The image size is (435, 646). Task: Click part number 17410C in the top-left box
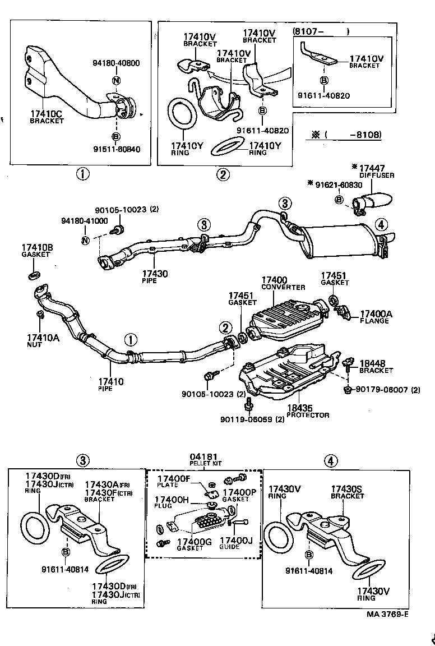[47, 114]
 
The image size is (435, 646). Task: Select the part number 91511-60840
[117, 150]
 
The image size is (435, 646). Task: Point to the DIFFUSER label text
[377, 176]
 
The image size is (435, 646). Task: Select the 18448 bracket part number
[373, 363]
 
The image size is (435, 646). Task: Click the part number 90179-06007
[381, 390]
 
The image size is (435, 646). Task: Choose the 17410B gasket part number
[37, 247]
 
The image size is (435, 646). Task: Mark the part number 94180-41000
[84, 221]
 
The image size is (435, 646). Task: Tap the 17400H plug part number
[172, 499]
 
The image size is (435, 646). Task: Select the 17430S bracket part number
[346, 489]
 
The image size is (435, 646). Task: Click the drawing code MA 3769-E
[387, 613]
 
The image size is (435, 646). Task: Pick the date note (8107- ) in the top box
[320, 31]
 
